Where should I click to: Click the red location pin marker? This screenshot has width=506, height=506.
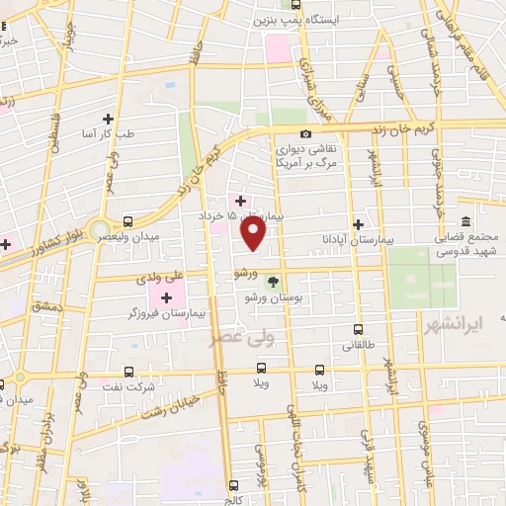pos(254,233)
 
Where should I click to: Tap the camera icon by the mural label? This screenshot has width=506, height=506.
pos(305,133)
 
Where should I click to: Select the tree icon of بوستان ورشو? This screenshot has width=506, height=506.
pos(274,282)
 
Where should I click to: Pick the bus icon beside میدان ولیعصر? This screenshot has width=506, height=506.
pos(127,221)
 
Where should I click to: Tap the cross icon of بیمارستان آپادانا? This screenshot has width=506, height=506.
pos(357,224)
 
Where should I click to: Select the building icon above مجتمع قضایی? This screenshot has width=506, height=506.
pos(465,221)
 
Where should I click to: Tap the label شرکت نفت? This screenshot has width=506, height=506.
pos(137,387)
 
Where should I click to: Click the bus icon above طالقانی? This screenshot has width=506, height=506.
pos(357,330)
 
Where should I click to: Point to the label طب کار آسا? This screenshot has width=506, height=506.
pos(136,132)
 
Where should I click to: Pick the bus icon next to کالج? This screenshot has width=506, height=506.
pos(235,485)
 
